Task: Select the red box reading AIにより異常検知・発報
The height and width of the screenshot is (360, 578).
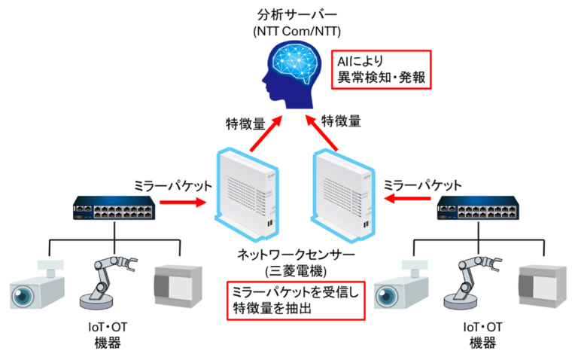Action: pyautogui.click(x=383, y=69)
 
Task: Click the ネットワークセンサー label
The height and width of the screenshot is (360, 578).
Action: pyautogui.click(x=289, y=254)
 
